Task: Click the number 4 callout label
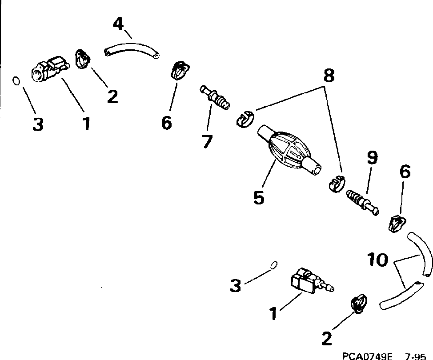[118, 23]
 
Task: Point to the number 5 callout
[258, 197]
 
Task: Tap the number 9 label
[372, 157]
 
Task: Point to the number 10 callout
[378, 260]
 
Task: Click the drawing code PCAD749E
[367, 356]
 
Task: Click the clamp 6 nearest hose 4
[180, 70]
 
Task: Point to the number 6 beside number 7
[166, 123]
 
